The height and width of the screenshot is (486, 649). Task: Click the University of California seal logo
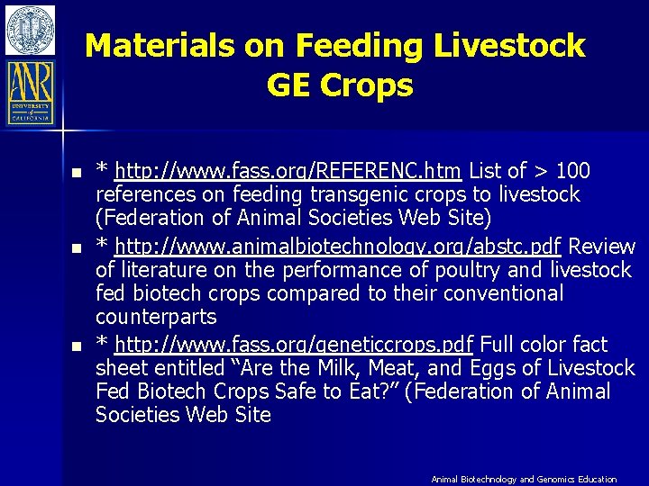[x=30, y=30]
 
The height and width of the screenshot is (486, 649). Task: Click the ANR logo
[x=31, y=92]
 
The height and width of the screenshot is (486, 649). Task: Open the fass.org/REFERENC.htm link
[x=288, y=171]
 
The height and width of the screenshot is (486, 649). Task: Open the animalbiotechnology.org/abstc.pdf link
[x=326, y=247]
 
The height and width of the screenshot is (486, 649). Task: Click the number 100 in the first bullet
[x=573, y=171]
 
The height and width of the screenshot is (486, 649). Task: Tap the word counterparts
[x=156, y=317]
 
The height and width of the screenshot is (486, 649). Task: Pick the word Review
[x=602, y=247]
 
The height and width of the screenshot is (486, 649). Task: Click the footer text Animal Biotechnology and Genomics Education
[x=524, y=480]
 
